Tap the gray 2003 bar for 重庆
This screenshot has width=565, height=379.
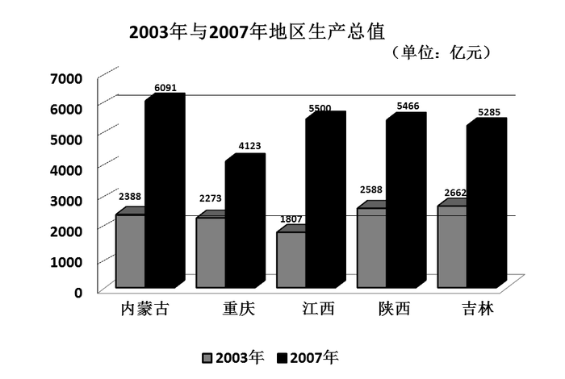click(211, 252)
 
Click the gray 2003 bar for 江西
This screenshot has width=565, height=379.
click(291, 260)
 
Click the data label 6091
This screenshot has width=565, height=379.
click(165, 89)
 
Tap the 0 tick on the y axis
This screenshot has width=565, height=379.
click(78, 292)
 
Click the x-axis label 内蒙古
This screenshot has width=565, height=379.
click(144, 310)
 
